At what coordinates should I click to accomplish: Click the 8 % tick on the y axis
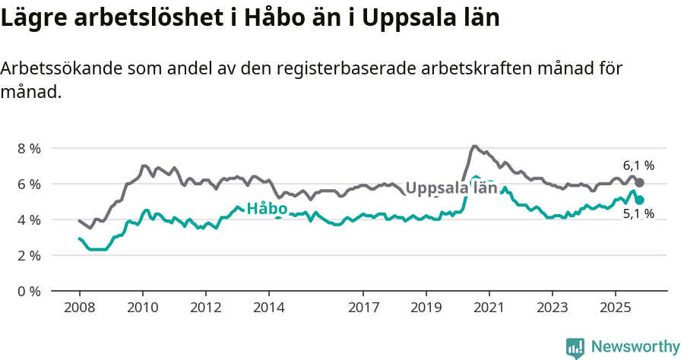(x=29, y=148)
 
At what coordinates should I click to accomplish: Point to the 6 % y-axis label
(x=29, y=184)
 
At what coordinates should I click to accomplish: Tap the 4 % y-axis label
(x=29, y=219)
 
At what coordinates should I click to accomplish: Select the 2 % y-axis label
(x=29, y=255)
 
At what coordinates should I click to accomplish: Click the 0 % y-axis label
(x=29, y=291)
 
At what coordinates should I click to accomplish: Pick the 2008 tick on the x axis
(x=79, y=308)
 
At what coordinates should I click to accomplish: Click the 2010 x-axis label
(x=142, y=308)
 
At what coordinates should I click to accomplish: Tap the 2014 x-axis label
(x=268, y=308)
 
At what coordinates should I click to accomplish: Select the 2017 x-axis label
(x=363, y=308)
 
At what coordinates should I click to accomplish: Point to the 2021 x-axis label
(x=489, y=308)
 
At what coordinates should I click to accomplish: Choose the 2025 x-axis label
(x=615, y=308)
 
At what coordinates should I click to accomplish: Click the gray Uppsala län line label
(x=451, y=188)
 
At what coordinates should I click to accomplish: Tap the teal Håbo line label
(x=267, y=209)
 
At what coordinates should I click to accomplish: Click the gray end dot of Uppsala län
(x=640, y=183)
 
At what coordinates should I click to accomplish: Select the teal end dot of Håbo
(x=640, y=201)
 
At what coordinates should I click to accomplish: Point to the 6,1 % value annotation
(x=638, y=165)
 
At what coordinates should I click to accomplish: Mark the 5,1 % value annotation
(x=638, y=214)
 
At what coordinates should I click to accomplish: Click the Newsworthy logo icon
(x=575, y=348)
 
